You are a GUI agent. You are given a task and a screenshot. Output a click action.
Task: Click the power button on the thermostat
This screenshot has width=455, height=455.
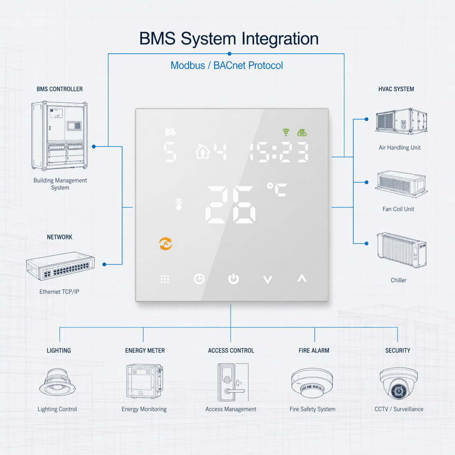tap(233, 279)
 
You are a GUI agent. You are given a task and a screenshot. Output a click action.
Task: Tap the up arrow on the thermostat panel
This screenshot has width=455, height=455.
tap(302, 278)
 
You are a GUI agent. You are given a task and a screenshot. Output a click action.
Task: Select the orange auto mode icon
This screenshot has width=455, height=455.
tap(166, 244)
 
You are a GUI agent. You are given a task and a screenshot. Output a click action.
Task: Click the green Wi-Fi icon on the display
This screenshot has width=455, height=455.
tap(286, 132)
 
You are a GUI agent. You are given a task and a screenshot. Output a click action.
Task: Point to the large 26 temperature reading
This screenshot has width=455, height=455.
tap(230, 205)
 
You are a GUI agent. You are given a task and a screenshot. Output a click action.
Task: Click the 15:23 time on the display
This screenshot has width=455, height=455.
tap(279, 152)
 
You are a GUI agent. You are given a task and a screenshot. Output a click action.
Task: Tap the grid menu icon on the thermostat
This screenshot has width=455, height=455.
tap(165, 279)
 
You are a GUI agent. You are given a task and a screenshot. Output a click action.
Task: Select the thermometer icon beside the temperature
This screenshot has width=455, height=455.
tap(179, 204)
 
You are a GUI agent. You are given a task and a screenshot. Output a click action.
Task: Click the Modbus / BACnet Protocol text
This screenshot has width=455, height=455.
tap(227, 65)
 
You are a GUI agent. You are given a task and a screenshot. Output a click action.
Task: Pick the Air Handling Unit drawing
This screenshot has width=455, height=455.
tap(401, 121)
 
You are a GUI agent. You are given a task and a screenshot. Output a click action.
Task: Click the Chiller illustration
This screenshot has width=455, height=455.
tap(401, 250)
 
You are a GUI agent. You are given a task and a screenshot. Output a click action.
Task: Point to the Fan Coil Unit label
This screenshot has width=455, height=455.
tap(398, 209)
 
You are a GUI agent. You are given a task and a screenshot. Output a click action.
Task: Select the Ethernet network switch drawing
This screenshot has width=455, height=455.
tap(60, 266)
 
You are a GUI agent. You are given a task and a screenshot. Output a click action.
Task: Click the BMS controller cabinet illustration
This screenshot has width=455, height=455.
tap(60, 136)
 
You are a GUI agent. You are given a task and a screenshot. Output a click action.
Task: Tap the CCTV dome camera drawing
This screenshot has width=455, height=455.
tap(399, 383)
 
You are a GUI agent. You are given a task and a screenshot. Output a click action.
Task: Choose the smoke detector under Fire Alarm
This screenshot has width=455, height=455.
tap(312, 383)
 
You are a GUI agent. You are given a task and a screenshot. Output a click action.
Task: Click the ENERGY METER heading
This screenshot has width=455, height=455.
tap(145, 351)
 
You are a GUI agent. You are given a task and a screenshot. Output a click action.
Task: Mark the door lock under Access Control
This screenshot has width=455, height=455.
tap(233, 382)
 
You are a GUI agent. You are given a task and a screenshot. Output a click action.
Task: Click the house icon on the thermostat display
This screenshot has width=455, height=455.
tap(202, 151)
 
